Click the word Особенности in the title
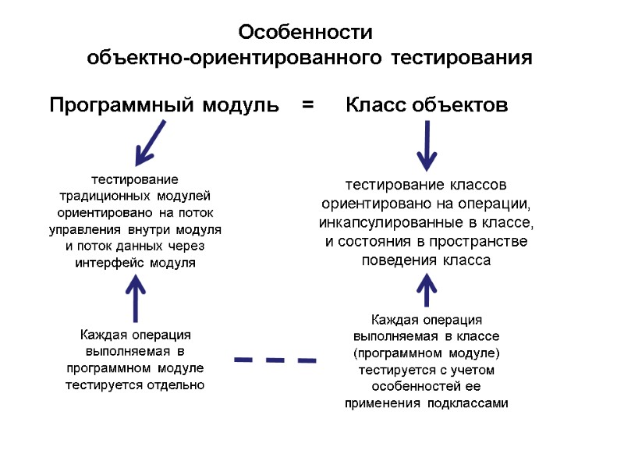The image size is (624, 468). click(x=306, y=34)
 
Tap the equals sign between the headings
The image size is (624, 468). click(x=308, y=105)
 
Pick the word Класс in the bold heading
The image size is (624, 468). click(x=375, y=105)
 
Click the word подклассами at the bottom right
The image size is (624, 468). click(x=466, y=403)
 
